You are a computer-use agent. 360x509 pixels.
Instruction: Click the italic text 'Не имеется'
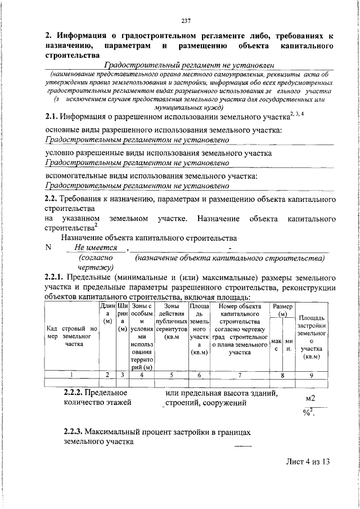click(95, 247)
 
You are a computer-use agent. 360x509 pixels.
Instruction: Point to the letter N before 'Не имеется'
click(48, 247)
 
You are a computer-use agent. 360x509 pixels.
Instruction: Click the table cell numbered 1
click(71, 374)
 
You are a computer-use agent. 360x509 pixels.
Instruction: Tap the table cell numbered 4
click(141, 374)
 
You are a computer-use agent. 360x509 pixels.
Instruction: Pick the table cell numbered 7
click(239, 374)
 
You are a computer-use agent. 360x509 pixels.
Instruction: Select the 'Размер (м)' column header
click(282, 309)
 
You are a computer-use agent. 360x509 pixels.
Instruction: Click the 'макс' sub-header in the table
click(276, 345)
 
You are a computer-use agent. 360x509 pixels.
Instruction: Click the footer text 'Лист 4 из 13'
click(306, 462)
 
